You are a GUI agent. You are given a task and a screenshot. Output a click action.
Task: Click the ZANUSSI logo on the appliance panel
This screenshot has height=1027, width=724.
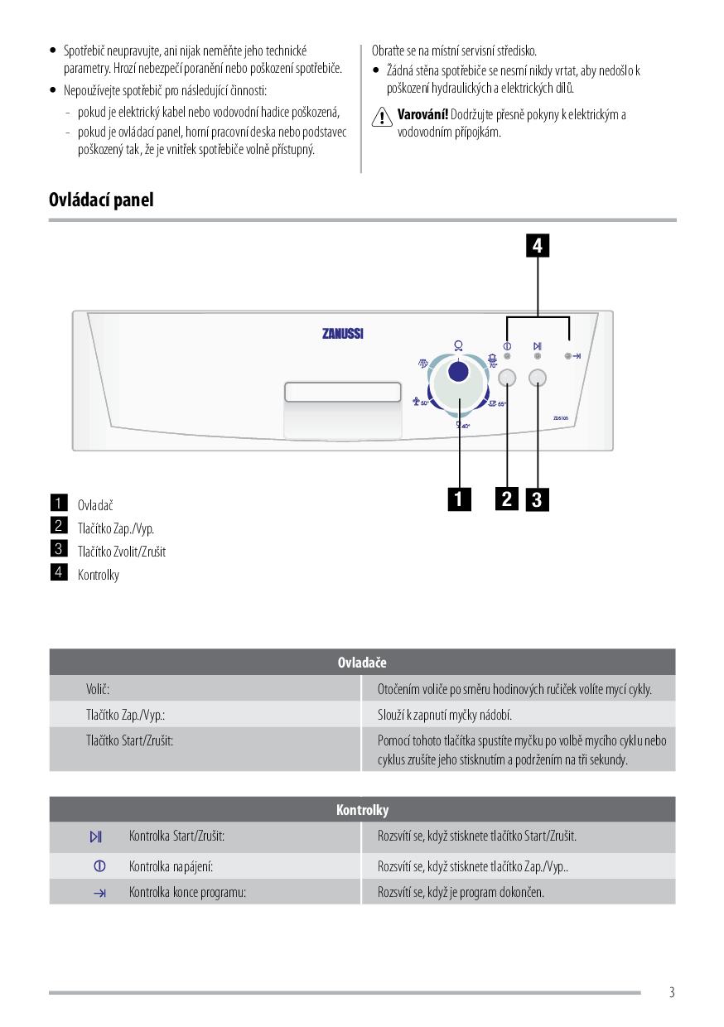click(342, 335)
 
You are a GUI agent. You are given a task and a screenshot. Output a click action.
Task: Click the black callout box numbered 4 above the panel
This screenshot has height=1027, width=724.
click(538, 246)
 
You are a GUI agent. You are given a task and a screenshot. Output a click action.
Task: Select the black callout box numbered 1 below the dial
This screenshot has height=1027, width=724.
click(458, 499)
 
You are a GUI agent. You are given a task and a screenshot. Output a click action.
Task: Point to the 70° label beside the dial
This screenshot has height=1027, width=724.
click(493, 364)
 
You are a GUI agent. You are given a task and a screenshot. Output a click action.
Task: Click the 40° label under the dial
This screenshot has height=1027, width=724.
click(466, 426)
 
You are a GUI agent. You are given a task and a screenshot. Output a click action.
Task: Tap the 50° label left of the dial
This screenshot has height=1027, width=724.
click(424, 403)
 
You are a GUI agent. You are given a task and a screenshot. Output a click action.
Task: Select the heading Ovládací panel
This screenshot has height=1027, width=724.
click(101, 200)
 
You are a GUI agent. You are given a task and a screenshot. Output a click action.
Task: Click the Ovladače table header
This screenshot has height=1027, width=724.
click(362, 663)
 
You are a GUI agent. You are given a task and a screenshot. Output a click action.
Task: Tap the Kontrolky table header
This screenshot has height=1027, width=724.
click(362, 810)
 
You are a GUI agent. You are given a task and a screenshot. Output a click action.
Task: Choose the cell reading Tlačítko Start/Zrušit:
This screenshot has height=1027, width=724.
click(130, 740)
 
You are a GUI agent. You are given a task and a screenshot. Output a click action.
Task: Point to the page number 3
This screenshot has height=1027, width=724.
click(672, 992)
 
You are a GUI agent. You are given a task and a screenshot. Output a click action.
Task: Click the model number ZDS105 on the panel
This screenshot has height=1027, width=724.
click(561, 418)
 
